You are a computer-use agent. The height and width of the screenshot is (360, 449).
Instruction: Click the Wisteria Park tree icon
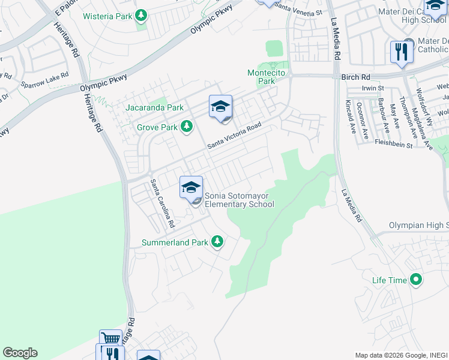pos(140,14)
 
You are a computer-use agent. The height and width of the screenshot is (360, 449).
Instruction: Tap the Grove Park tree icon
pos(187,126)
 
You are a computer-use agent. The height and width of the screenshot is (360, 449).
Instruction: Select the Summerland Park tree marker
pos(217,242)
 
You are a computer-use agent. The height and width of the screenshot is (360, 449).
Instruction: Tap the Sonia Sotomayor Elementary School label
pos(240,200)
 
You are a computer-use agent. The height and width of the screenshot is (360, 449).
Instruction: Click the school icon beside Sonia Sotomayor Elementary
pos(191,187)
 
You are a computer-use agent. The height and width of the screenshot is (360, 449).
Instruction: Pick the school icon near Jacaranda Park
pos(220,107)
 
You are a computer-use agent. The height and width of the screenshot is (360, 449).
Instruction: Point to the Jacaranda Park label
pos(155,108)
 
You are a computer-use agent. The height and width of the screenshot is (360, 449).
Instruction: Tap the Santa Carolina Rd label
pos(162,203)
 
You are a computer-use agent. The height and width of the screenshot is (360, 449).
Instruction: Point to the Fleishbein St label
pos(394,145)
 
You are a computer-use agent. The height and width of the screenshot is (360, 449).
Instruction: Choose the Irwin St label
pos(373,88)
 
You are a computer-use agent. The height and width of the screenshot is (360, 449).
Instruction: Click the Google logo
pos(20,353)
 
